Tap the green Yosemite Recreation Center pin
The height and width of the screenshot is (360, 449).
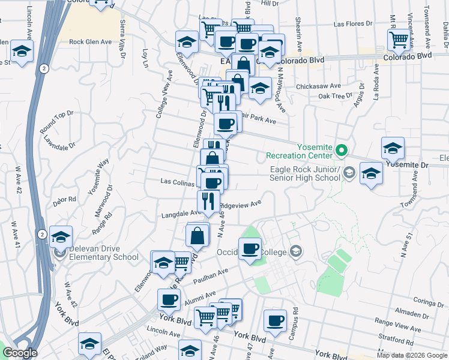tap(342, 149)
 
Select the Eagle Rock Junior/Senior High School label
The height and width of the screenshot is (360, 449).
tap(304, 173)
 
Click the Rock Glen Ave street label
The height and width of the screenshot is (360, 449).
tap(91, 42)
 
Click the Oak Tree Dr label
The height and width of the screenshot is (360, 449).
tap(335, 96)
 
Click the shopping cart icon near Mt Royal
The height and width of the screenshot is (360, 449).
tap(399, 40)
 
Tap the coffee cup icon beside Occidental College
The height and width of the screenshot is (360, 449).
tap(250, 248)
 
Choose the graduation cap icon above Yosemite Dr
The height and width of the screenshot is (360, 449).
tap(393, 148)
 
